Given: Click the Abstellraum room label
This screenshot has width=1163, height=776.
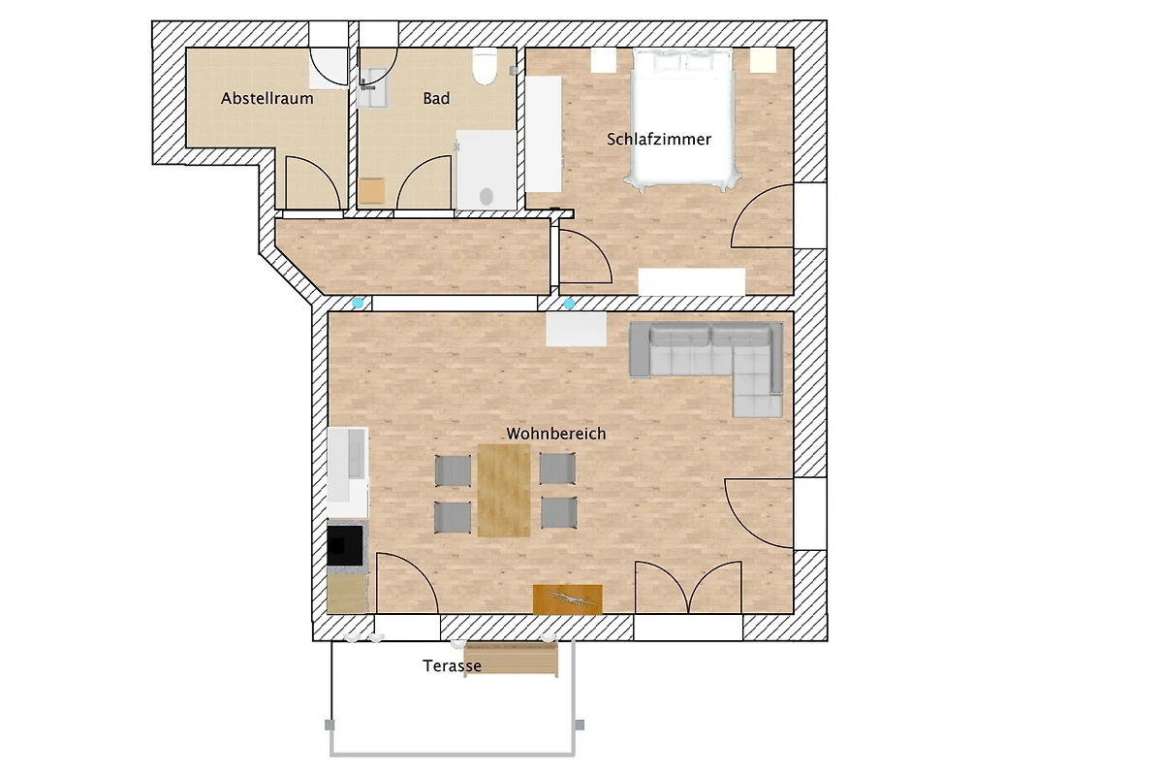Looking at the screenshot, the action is coord(267,98).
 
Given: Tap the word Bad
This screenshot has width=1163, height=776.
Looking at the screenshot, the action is coord(436,98).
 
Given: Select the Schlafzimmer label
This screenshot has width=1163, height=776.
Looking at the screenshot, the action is coord(659,140).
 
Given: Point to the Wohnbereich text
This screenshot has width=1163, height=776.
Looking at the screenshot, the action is coord(556,434).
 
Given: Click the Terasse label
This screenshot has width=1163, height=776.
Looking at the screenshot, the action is coord(452,665).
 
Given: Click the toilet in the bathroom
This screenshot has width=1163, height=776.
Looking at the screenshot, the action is coord(485,66).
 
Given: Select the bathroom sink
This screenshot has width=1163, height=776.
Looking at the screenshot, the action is coord(372,87).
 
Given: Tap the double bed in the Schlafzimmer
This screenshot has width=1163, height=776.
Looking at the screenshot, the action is coord(682,119).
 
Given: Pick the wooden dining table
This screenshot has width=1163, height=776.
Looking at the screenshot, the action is coord(504,490).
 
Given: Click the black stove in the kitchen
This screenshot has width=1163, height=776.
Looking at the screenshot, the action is coord(345,545).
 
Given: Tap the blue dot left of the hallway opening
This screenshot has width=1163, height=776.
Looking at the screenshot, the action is coord(358,303).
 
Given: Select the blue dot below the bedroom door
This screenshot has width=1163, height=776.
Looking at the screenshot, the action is coord(569,304).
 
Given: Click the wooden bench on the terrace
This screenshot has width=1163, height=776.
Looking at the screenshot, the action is coord(511,658).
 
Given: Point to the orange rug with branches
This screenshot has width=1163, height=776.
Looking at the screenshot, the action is coord(568,599).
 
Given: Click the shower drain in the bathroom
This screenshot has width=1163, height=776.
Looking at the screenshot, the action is coord(486,197).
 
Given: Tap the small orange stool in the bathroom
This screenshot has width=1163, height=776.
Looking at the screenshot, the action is coord(371,191).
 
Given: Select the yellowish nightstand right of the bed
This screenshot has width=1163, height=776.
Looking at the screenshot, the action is coord(764,60).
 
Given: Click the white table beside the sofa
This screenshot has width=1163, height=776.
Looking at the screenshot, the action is coord(577,329).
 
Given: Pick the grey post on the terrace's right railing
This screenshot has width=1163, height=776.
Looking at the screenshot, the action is coord(580,725).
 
